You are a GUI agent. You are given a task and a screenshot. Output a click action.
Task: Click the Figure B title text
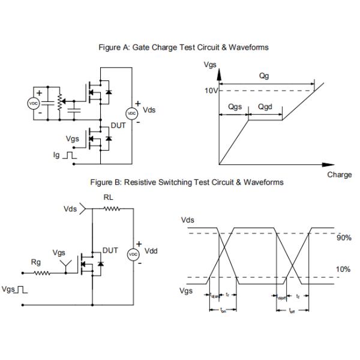(187, 182)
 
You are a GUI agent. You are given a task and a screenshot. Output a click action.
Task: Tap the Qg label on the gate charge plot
(264, 77)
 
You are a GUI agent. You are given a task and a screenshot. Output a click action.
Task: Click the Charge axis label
(339, 175)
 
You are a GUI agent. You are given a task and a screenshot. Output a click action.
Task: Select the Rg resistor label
(36, 262)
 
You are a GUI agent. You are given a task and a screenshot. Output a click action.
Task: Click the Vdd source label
(151, 251)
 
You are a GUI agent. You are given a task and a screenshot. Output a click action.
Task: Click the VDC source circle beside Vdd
(134, 254)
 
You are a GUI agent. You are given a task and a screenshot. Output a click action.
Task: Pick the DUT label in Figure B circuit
(110, 250)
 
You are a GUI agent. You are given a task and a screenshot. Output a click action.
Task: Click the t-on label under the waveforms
(223, 310)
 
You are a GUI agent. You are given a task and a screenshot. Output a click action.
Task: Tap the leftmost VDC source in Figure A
(33, 103)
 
